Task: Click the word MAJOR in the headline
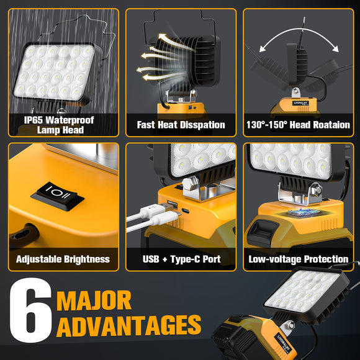94,300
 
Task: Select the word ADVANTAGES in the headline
128,325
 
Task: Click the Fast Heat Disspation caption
181,125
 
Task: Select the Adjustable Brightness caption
63,259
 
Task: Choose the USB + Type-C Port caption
181,259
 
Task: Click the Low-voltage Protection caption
299,259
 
